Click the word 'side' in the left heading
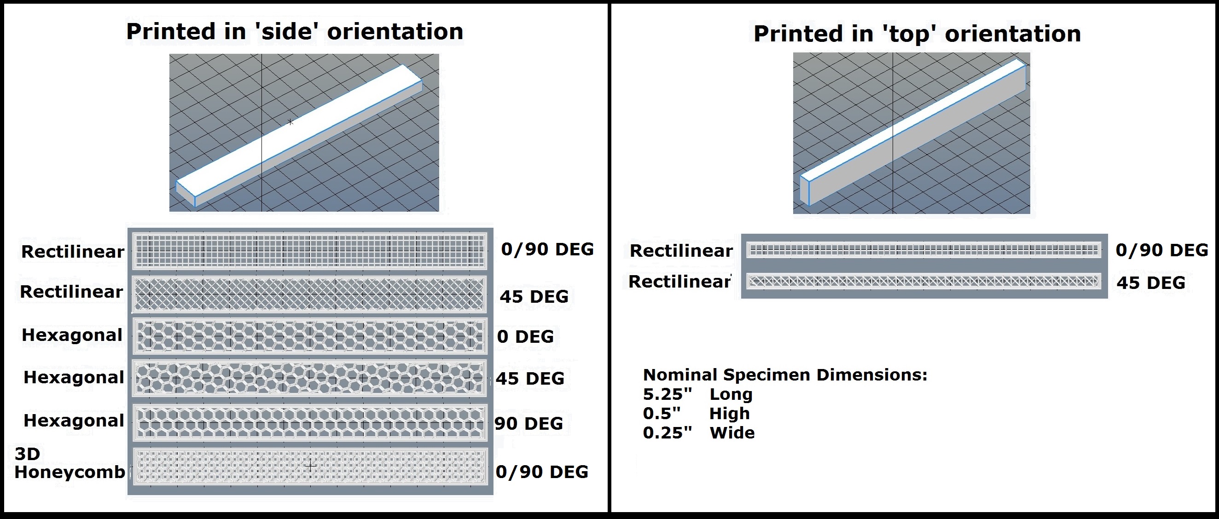coord(286,32)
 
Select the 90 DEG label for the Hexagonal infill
coord(528,423)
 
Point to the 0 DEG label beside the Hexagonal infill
coord(525,336)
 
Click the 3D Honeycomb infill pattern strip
coord(310,466)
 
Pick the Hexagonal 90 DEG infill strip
coord(310,422)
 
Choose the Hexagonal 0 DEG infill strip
coord(310,336)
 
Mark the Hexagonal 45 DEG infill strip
coord(310,378)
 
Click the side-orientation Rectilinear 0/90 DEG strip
coord(310,250)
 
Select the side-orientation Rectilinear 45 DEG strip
coord(310,294)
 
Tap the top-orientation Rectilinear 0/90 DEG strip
coord(924,250)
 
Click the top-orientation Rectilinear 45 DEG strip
coord(924,282)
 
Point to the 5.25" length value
coord(667,394)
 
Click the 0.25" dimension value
coord(667,433)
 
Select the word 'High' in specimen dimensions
coord(729,414)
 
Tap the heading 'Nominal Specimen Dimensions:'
coord(785,375)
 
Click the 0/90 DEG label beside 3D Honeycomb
coord(542,472)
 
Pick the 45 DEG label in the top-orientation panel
coord(1151,283)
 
